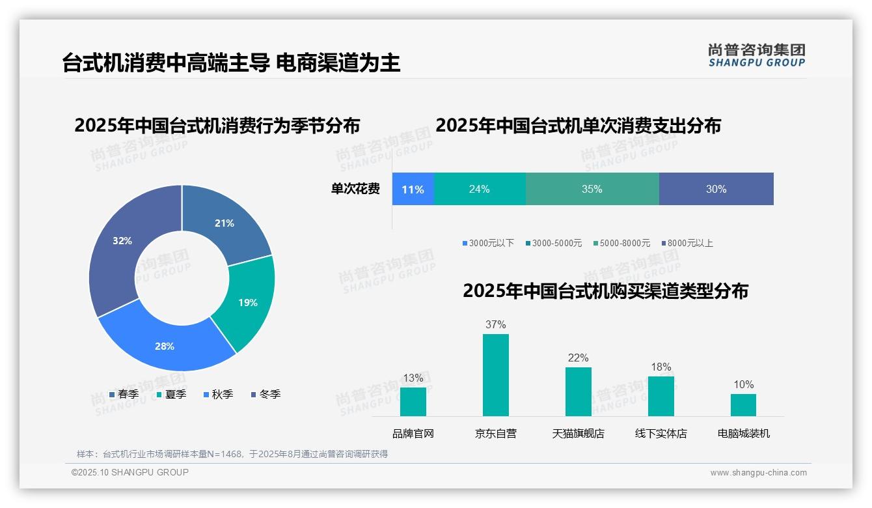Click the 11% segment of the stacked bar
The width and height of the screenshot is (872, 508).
413,189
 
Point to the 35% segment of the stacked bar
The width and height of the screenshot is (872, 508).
592,189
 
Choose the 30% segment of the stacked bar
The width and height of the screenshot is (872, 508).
716,189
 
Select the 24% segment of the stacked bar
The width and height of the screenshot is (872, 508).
479,189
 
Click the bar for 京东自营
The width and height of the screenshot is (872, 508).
495,374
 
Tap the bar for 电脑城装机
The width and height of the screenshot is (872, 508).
743,404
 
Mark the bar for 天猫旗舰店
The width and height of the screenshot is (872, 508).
578,391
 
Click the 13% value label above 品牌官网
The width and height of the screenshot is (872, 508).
413,378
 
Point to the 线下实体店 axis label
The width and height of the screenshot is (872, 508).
661,433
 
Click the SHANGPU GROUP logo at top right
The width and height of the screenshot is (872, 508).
756,55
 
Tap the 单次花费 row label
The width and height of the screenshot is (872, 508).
355,189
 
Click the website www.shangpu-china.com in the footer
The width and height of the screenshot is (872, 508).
758,472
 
